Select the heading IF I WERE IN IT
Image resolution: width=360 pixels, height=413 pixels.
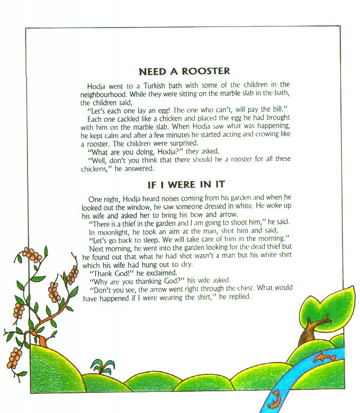(186, 184)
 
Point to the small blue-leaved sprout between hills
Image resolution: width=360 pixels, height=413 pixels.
(102, 365)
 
